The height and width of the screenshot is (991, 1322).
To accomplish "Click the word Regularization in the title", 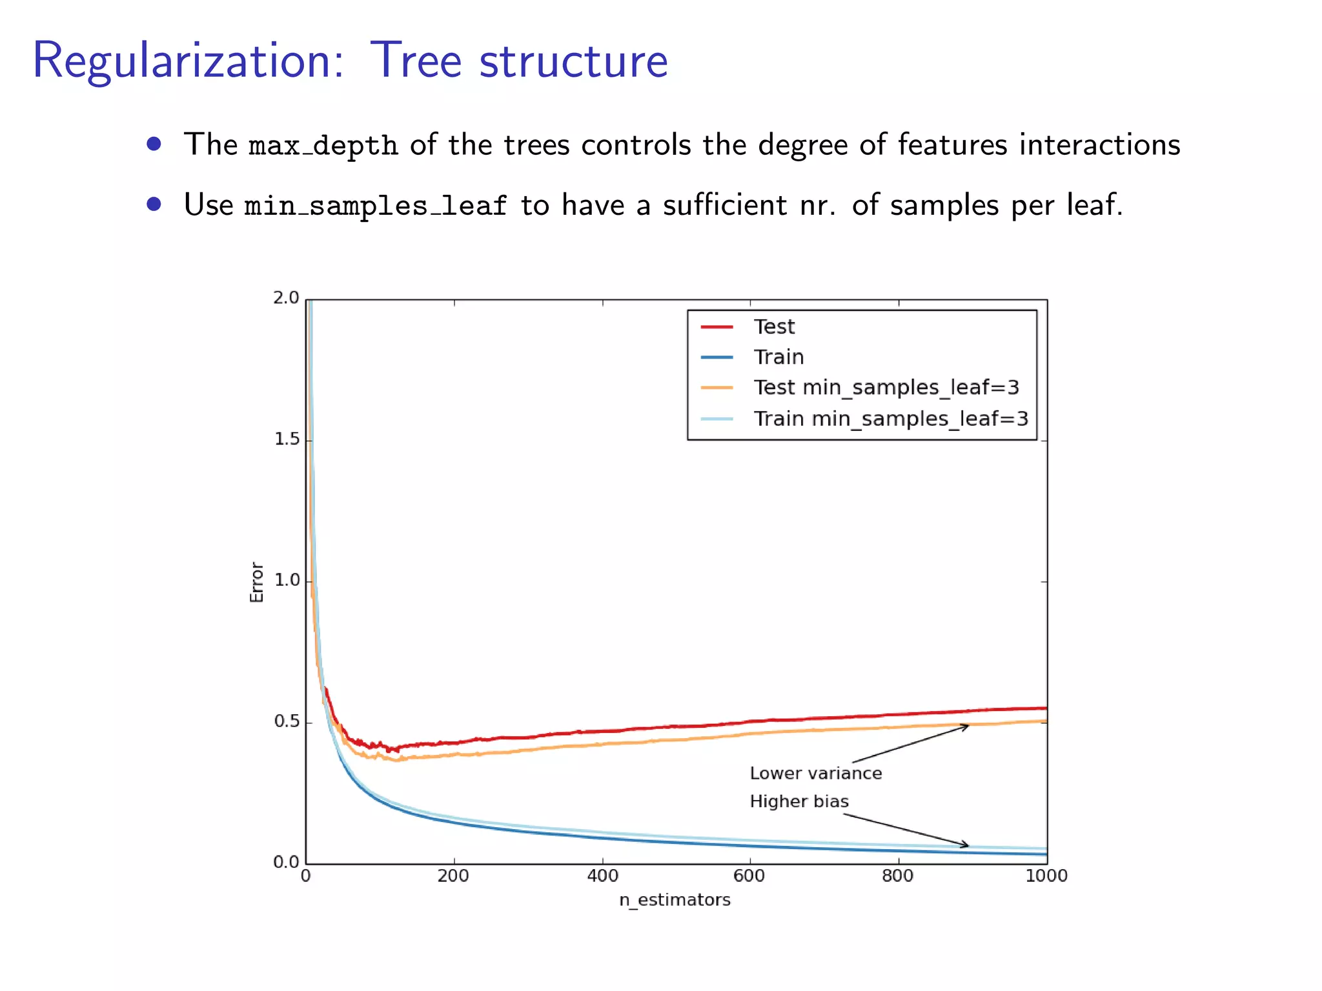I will point(188,61).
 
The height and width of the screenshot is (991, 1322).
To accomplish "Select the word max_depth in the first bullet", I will point(323,145).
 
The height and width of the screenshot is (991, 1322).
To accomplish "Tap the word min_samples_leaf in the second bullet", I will point(376,206).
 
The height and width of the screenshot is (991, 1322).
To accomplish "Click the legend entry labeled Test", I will point(773,327).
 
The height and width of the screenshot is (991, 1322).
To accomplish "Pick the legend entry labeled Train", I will point(778,357).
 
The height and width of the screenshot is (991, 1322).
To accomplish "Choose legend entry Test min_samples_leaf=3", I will point(886,387).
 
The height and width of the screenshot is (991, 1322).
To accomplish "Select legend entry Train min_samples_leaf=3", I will point(890,419).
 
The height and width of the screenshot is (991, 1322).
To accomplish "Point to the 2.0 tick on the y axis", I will point(286,298).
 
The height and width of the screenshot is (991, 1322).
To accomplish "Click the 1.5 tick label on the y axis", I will point(286,439).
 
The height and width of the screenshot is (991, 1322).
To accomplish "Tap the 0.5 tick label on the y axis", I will point(286,721).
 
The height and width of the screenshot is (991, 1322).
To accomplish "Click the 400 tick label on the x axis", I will point(602,876).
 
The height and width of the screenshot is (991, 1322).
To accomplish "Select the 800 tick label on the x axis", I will point(898,876).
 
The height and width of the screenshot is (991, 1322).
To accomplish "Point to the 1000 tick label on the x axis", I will point(1046,876).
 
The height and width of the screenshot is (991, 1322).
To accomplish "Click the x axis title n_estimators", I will point(675,900).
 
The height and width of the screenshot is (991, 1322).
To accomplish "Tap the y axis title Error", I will point(257,582).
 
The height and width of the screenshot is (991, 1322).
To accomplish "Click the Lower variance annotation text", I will point(815,774).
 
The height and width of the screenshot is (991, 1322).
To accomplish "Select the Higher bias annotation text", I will point(798,801).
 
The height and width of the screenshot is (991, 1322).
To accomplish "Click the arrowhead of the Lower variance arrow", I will point(966,726).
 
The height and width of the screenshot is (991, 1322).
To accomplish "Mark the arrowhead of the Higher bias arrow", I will point(966,845).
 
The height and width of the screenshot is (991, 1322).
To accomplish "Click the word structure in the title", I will point(573,61).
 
